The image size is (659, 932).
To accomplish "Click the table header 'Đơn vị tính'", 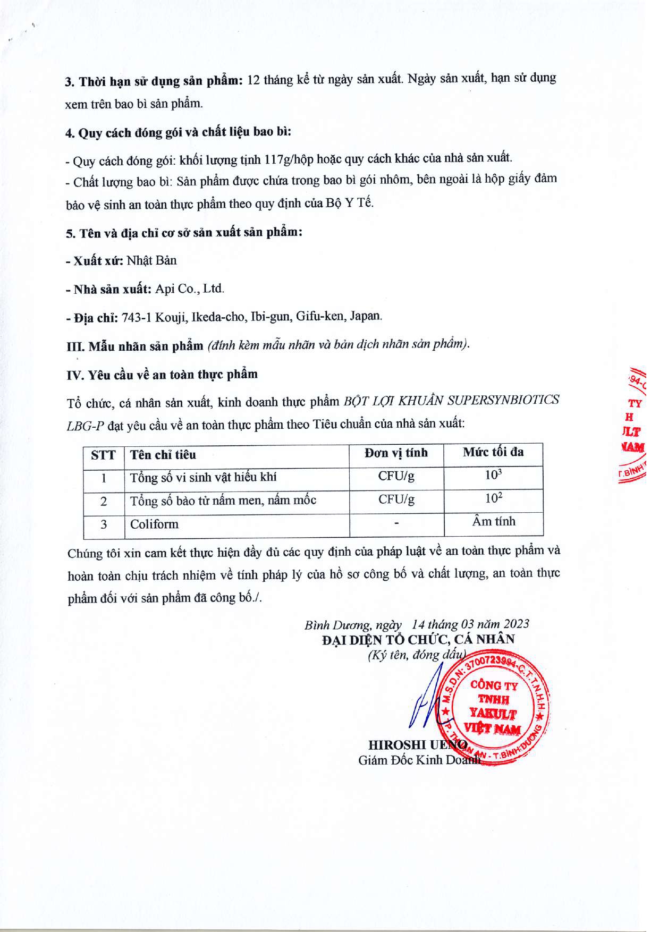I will point(396,453).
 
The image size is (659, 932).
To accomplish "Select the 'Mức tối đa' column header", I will point(493,452).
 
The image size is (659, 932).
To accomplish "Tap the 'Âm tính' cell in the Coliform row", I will point(493,521).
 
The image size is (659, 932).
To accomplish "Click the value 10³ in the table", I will point(493,475).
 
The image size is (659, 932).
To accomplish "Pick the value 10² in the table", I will point(493,498).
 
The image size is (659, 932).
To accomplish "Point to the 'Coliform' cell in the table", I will point(154,524).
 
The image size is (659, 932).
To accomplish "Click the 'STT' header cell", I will point(103,455).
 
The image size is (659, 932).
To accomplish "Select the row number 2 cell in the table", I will point(104,501).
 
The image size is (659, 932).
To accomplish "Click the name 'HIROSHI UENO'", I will point(417,744).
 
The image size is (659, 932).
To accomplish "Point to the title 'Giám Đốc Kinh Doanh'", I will point(419,760).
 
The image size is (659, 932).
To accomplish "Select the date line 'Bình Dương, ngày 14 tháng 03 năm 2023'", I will point(417,624).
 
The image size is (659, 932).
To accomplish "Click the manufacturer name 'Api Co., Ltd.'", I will point(190,289).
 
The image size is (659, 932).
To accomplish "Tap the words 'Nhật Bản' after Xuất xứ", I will point(151,261).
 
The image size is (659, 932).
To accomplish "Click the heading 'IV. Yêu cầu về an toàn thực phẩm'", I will point(162,375).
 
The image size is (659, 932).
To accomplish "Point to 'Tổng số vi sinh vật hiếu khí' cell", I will point(203,477).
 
